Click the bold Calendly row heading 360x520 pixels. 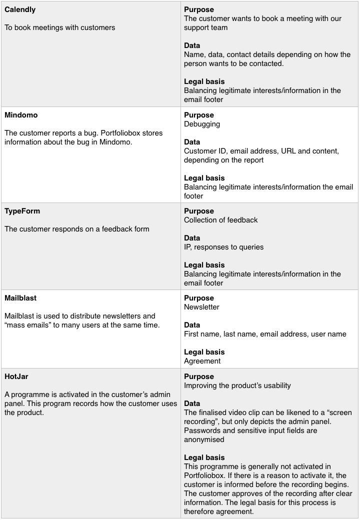pos(20,10)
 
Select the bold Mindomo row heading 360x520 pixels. pos(21,115)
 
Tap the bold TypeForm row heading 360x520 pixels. pos(22,211)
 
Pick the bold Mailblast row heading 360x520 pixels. pos(20,298)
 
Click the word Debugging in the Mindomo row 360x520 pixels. pos(202,124)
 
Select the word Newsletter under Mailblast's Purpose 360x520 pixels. pos(201,307)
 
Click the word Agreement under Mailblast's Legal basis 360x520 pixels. pos(202,361)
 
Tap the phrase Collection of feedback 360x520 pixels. pos(221,220)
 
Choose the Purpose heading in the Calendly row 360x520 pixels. pos(199,10)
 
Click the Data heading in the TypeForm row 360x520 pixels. pos(192,238)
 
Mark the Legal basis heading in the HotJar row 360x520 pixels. pos(204,457)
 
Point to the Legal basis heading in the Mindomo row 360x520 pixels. pos(204,178)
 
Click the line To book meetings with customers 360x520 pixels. pos(60,28)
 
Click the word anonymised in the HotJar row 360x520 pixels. pos(204,440)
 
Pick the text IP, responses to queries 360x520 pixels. pos(223,247)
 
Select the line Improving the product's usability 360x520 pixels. pos(237,386)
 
